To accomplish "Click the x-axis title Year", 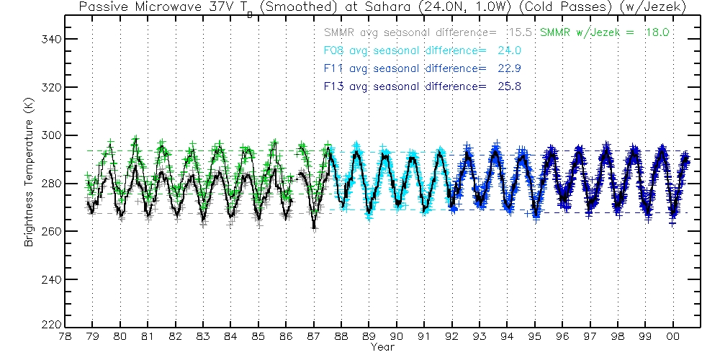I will click(x=382, y=347).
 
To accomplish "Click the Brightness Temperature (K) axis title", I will click(x=30, y=183).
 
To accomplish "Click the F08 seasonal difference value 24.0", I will click(x=509, y=50).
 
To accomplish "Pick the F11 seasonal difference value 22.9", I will click(x=509, y=68).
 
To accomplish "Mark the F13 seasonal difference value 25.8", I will click(x=509, y=86).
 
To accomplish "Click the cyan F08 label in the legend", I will click(x=333, y=50).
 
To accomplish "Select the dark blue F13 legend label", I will click(x=333, y=86).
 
